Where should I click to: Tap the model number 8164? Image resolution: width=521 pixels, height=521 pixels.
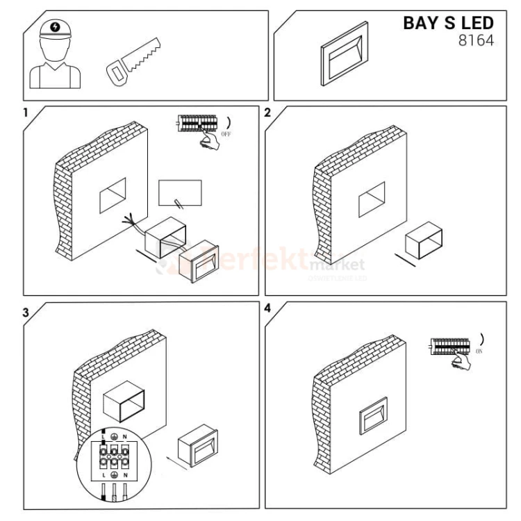pyautogui.click(x=477, y=41)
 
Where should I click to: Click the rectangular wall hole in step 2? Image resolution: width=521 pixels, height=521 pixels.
pyautogui.click(x=371, y=201)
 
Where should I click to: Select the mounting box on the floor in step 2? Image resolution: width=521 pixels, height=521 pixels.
pyautogui.click(x=422, y=242)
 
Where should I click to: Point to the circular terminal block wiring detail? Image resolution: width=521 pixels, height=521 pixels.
pyautogui.click(x=114, y=461)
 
